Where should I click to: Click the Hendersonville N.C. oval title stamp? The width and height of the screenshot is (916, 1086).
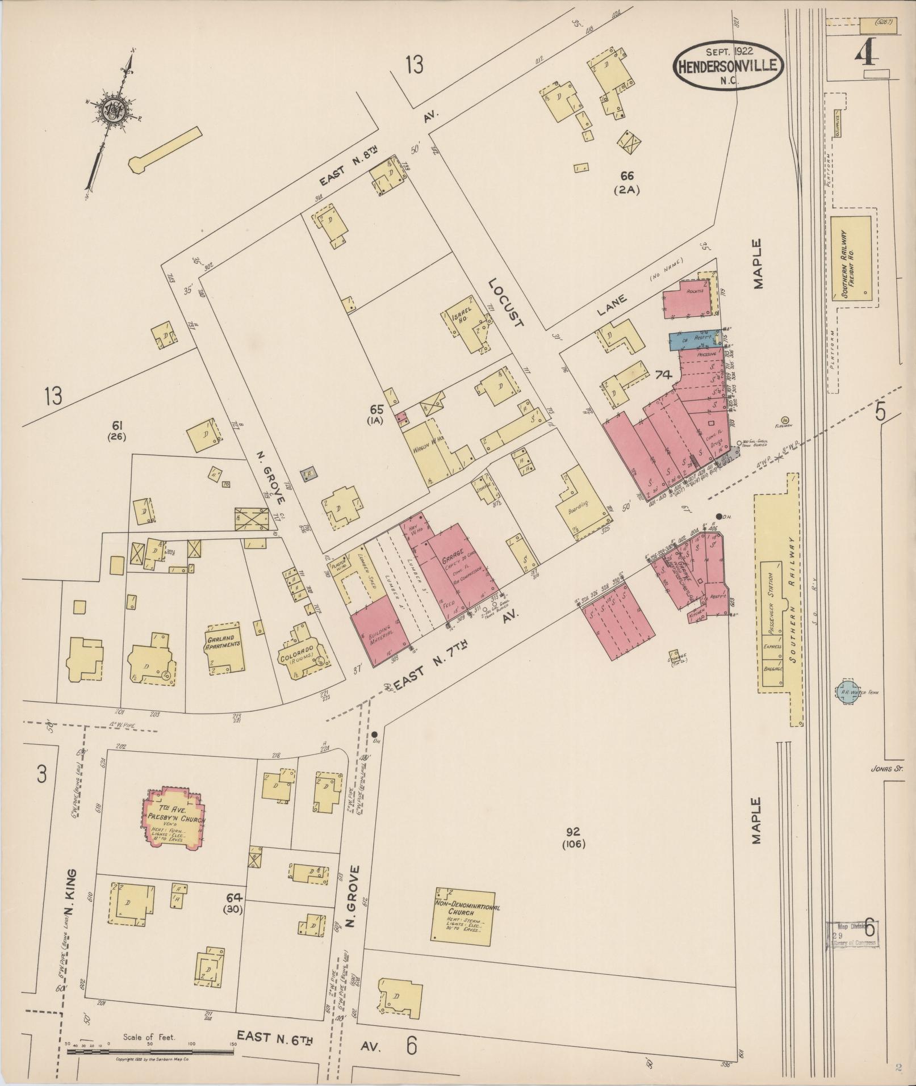(728, 66)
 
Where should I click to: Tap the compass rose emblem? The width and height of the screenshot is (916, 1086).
(111, 110)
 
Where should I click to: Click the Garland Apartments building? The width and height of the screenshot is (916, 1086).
(224, 647)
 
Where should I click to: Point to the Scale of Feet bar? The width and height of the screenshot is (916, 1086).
(150, 1052)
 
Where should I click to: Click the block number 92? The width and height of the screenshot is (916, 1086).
(572, 832)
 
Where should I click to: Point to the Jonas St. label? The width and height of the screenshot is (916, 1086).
(885, 770)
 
